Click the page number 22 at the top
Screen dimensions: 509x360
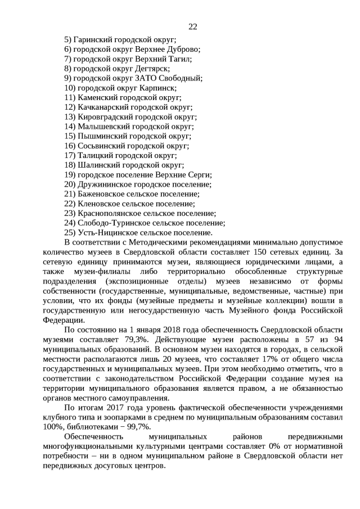pos(192,26)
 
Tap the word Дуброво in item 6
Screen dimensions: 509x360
pos(183,49)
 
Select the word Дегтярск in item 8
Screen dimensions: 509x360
pos(150,69)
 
